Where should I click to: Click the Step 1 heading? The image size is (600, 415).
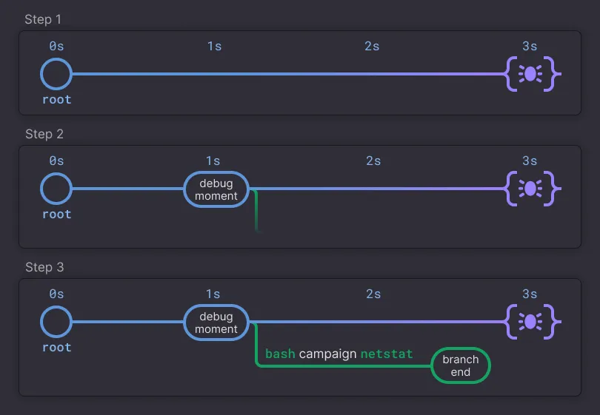coord(43,19)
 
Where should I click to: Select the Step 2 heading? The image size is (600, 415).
coord(44,134)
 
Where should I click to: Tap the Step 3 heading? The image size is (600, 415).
coord(44,267)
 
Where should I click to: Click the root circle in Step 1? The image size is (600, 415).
coord(56,58)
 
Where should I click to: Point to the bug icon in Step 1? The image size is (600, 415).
coord(530,74)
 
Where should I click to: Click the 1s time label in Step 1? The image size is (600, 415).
coord(214,47)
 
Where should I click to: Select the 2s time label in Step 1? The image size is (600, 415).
coord(372,47)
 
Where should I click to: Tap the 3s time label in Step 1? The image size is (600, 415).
coord(530,47)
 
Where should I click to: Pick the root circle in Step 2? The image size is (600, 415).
coord(56,172)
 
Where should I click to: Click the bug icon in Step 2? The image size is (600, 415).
coord(530,189)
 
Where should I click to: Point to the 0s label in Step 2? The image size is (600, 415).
coord(56,161)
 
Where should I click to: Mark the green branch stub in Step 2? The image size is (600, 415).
coord(256,211)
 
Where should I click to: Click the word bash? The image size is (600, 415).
coord(280,354)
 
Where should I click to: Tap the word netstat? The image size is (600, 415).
coord(387,354)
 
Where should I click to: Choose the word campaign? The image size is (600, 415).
coord(328,354)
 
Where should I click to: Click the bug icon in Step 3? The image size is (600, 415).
coord(530,322)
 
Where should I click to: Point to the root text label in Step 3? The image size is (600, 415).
coord(56,348)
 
